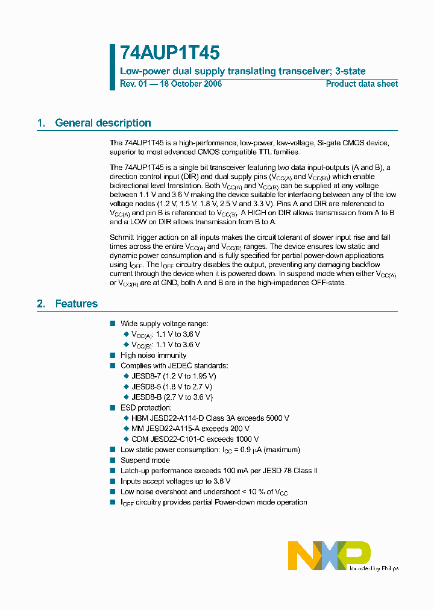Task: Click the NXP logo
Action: (329, 555)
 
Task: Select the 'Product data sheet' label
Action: (362, 84)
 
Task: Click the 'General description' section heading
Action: (102, 123)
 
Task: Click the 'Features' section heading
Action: (76, 304)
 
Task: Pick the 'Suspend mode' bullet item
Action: (145, 461)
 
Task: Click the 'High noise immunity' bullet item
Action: (154, 356)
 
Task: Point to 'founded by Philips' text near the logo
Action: (375, 568)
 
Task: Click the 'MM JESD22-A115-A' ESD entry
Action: (162, 429)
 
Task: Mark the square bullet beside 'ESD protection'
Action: (112, 408)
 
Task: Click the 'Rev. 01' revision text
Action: (133, 84)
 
